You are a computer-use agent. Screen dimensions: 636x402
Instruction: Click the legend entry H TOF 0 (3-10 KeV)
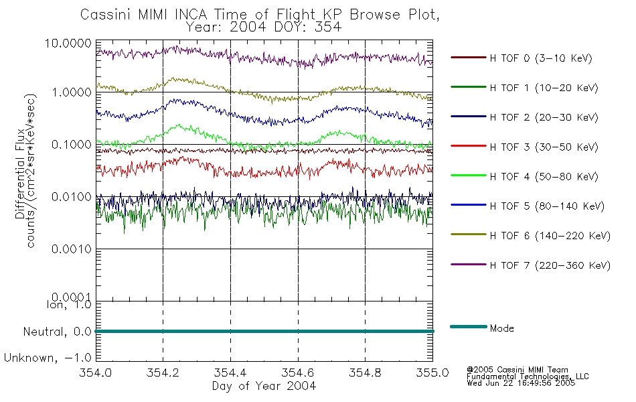(x=522, y=58)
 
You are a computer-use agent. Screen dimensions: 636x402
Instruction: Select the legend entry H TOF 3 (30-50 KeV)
(x=524, y=147)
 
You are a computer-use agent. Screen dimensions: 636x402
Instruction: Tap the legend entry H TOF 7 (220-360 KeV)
(x=530, y=265)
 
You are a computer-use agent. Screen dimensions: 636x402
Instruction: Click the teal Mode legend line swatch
(x=469, y=326)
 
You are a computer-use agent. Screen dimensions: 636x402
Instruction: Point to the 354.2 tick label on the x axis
(x=163, y=373)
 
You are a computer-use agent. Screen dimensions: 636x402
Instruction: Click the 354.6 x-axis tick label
(x=298, y=373)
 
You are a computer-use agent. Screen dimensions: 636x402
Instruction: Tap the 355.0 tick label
(x=432, y=373)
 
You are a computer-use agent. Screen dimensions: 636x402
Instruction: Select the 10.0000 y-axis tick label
(x=68, y=43)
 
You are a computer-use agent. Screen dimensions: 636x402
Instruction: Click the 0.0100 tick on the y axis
(x=72, y=197)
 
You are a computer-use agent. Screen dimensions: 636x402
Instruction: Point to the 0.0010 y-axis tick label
(x=72, y=249)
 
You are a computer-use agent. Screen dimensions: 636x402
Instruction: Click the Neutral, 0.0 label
(x=58, y=332)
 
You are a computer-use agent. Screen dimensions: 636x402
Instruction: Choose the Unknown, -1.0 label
(x=48, y=358)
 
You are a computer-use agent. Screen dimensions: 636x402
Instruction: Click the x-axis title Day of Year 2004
(x=264, y=386)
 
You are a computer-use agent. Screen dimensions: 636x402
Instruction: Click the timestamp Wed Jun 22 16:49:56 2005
(x=521, y=383)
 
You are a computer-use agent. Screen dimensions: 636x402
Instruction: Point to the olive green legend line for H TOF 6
(x=469, y=234)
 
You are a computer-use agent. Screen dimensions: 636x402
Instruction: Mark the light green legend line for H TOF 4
(x=469, y=176)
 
